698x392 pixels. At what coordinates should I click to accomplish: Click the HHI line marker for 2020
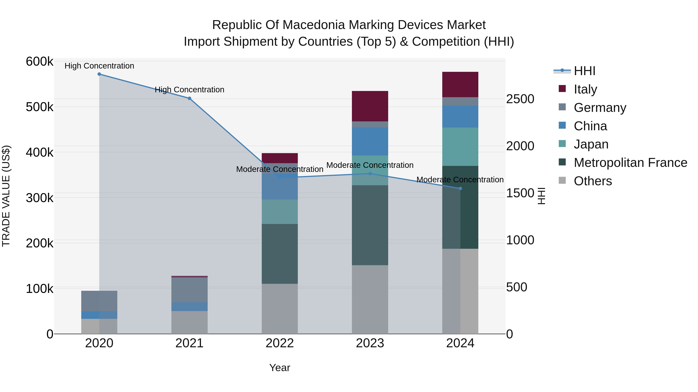pyautogui.click(x=99, y=74)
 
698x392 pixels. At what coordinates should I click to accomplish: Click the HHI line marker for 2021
pyautogui.click(x=189, y=99)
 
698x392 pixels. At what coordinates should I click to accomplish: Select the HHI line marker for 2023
pyautogui.click(x=370, y=174)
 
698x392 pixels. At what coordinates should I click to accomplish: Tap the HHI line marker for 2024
pyautogui.click(x=460, y=189)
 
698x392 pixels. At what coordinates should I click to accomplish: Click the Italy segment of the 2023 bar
pyautogui.click(x=370, y=106)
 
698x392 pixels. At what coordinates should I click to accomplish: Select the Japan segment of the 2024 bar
pyautogui.click(x=460, y=147)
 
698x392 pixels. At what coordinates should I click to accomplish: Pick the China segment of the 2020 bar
pyautogui.click(x=99, y=315)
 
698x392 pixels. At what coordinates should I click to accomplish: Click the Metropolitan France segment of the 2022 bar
pyautogui.click(x=280, y=254)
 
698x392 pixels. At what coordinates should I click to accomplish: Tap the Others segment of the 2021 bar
pyautogui.click(x=189, y=323)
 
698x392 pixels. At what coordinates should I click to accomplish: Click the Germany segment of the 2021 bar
pyautogui.click(x=189, y=290)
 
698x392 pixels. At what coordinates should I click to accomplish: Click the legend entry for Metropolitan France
pyautogui.click(x=630, y=163)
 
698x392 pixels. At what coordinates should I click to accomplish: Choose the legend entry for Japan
pyautogui.click(x=591, y=144)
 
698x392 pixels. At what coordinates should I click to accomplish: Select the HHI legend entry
pyautogui.click(x=584, y=71)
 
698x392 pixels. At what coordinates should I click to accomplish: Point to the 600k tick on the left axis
pyautogui.click(x=40, y=62)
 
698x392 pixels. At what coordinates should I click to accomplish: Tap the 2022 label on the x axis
pyautogui.click(x=280, y=343)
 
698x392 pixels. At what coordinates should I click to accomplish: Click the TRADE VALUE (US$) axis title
pyautogui.click(x=6, y=196)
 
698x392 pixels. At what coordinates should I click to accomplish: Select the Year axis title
pyautogui.click(x=280, y=368)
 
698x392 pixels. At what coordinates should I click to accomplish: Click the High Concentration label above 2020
pyautogui.click(x=99, y=66)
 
